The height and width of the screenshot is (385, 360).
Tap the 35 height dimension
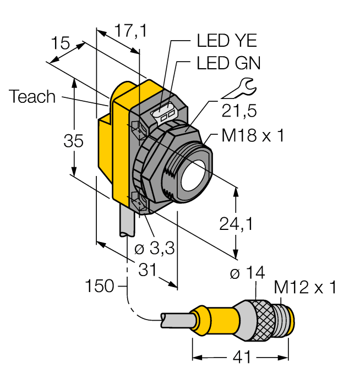73,141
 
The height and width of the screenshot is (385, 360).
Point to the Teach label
32,97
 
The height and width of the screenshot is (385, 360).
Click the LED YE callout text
226,41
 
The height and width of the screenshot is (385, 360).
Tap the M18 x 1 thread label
253,136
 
